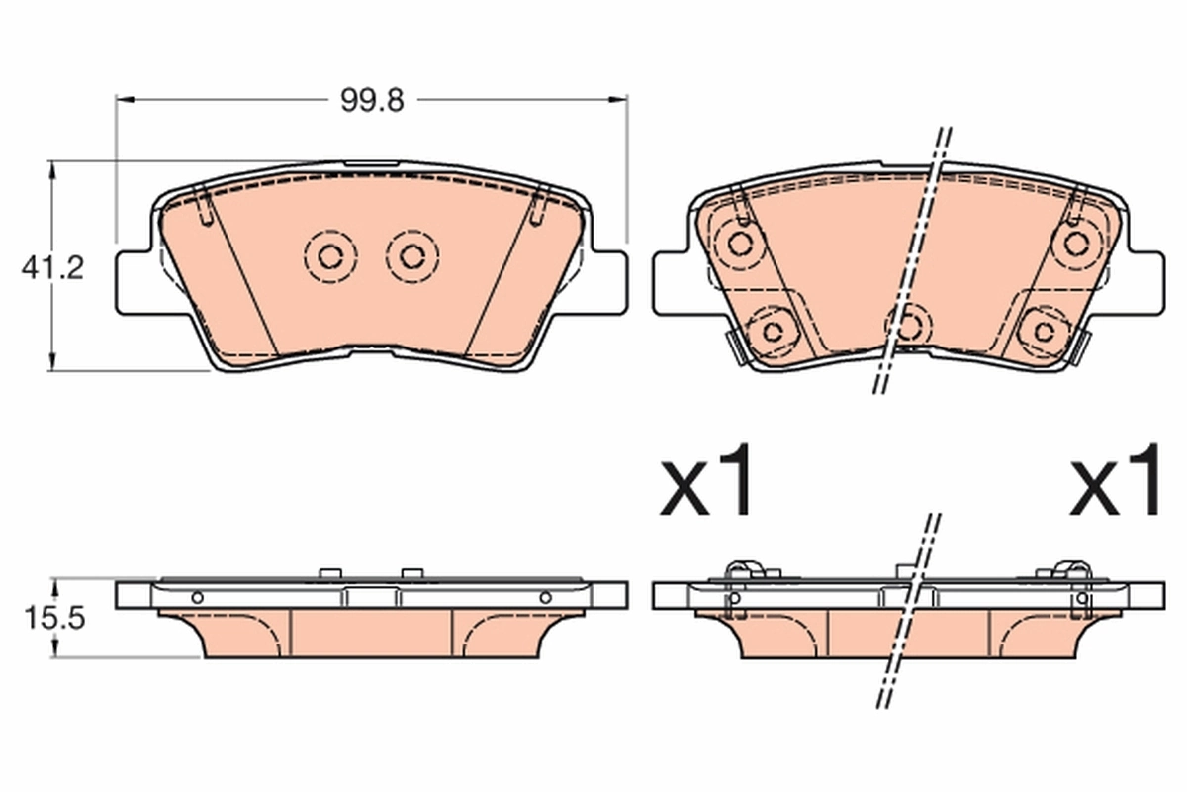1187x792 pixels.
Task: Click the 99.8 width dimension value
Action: [372, 100]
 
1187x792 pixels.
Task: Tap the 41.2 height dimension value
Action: [52, 268]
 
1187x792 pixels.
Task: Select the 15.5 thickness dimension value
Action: [54, 618]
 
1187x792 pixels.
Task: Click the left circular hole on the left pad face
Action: [330, 257]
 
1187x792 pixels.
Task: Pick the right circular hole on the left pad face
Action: [411, 257]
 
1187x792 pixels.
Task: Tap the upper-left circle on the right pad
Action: [740, 244]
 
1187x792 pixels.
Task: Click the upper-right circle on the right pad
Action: [1076, 244]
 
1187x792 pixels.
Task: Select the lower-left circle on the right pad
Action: [773, 332]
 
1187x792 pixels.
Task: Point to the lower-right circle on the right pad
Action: [1044, 332]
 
